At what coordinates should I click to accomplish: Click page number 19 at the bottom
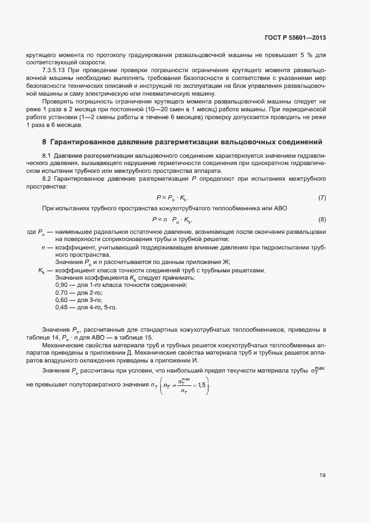coord(322,475)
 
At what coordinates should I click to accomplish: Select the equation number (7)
coord(322,198)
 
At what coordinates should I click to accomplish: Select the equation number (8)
coord(322,219)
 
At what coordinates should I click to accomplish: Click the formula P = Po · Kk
coord(172,198)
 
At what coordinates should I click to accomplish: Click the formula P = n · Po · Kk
coord(172,219)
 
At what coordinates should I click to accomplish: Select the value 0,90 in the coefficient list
coord(62,285)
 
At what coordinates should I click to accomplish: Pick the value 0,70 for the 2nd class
coord(62,293)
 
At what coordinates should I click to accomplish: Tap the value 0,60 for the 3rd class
coord(62,300)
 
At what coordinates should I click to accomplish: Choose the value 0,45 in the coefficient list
coord(62,307)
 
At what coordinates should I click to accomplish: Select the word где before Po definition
coord(31,231)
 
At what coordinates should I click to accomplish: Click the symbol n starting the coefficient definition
coord(43,247)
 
